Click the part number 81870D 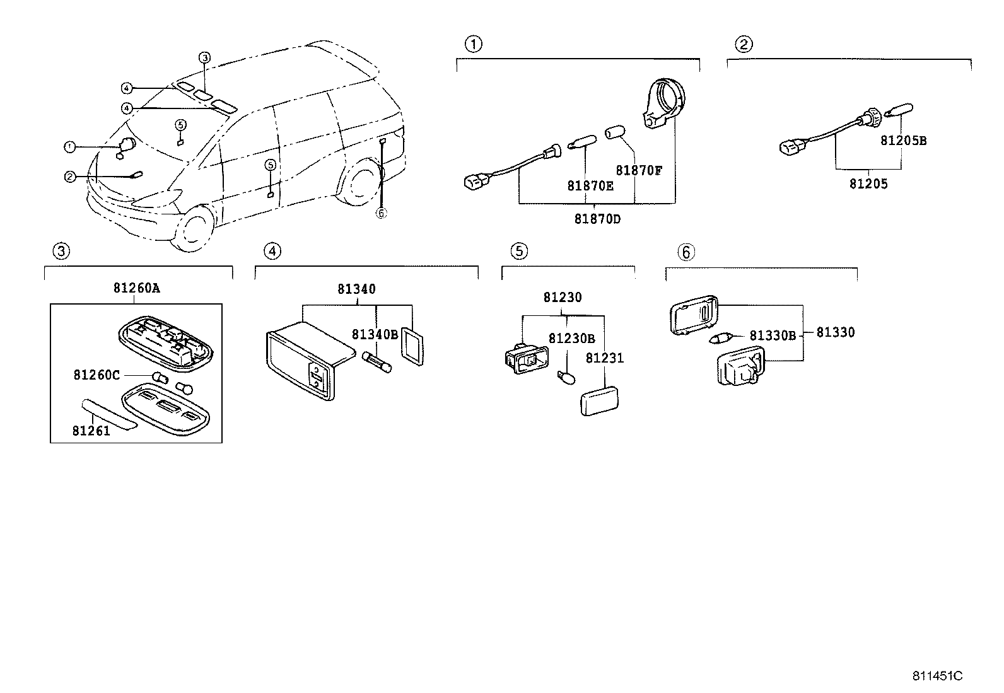(x=597, y=219)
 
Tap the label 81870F (x=638, y=170)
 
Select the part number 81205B (x=902, y=141)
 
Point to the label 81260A (x=136, y=288)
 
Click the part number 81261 (x=91, y=431)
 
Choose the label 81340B (x=375, y=334)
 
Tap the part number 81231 (x=604, y=358)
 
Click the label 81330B (x=773, y=336)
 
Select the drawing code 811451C (x=937, y=675)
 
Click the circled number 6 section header (x=686, y=252)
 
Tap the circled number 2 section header (x=744, y=44)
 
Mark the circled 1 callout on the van (x=69, y=147)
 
